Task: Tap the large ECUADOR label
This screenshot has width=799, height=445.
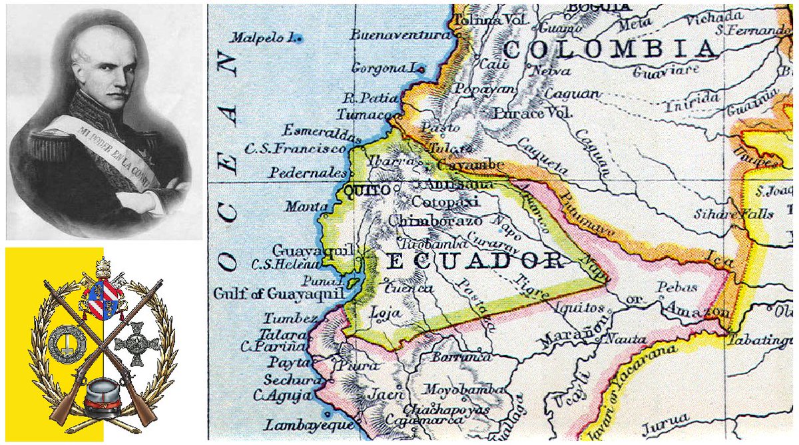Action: [x=475, y=260]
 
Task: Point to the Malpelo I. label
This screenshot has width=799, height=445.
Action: [x=263, y=38]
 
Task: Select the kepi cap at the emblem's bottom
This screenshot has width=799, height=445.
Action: [x=103, y=394]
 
